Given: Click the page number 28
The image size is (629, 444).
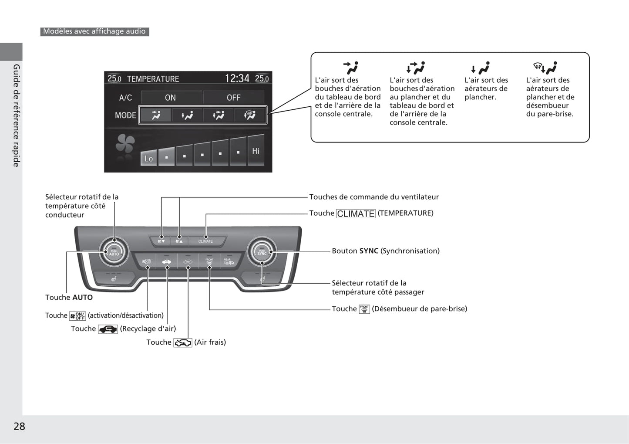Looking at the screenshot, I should click(x=19, y=426).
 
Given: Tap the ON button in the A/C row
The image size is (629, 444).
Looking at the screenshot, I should click(x=171, y=98).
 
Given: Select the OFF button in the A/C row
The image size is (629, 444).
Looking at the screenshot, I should click(x=233, y=98).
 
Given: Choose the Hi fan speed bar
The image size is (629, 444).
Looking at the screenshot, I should click(x=256, y=151).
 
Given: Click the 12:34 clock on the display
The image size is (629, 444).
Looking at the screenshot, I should click(x=237, y=78).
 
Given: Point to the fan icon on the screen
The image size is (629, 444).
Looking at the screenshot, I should click(x=125, y=144).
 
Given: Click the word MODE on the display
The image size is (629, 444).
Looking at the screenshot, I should click(x=125, y=115).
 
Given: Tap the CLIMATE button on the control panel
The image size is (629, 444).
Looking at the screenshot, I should click(x=205, y=241).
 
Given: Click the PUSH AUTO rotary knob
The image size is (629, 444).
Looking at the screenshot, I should click(x=114, y=252).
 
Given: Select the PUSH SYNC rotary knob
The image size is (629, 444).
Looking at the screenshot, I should click(x=262, y=252).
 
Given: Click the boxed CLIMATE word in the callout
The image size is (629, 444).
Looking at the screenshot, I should click(x=356, y=214).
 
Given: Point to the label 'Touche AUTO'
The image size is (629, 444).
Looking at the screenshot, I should click(x=69, y=298).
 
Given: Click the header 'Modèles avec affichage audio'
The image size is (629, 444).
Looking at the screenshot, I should click(x=94, y=31).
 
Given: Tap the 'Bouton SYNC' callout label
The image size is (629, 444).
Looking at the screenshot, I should click(x=385, y=251).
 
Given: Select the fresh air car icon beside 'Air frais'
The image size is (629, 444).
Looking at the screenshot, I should click(x=183, y=343).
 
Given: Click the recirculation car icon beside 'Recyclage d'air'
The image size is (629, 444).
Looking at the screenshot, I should click(x=108, y=329).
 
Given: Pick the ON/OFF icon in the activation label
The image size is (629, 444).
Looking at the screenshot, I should click(x=78, y=316).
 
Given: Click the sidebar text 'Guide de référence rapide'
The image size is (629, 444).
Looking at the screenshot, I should click(x=17, y=115).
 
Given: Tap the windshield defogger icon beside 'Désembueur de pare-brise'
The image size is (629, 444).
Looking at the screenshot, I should click(x=364, y=309).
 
